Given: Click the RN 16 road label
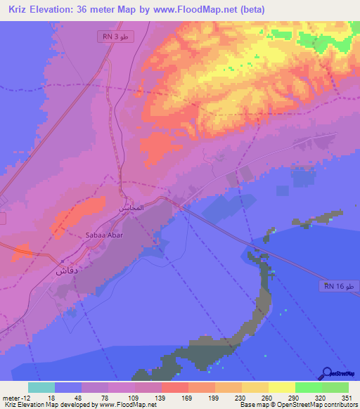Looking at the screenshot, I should [341, 285].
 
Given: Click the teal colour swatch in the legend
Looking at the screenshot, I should [41, 387].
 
